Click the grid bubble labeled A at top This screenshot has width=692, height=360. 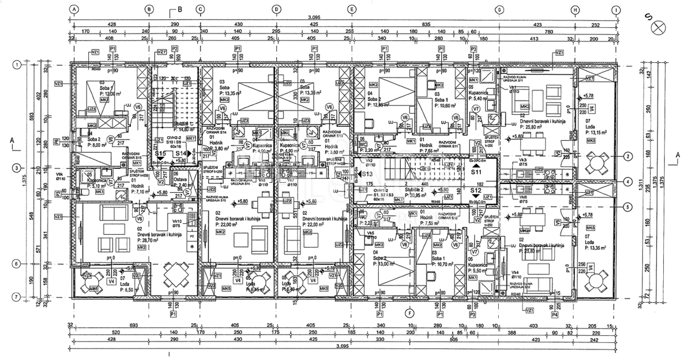pos(74,9)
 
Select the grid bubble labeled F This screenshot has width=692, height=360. pos(409,313)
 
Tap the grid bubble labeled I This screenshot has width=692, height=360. pos(617,9)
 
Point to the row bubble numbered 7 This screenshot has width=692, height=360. pos(17,297)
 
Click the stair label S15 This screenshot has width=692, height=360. pos(161,154)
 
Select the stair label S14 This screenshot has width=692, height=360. pos(182,154)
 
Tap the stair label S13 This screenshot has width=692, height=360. pos(366,174)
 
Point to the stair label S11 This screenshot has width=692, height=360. pos(476,171)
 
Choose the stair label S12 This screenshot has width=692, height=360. pos(476,190)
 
